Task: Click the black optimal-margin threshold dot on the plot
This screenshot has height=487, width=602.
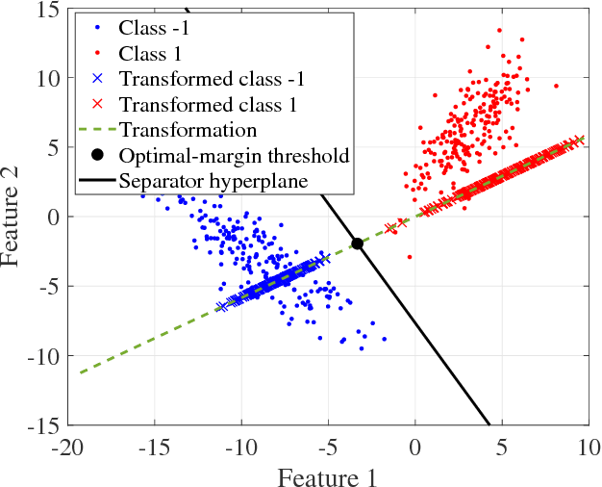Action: point(357,243)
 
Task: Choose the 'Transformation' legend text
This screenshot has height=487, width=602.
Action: point(187,128)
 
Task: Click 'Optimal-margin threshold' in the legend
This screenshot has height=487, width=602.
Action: point(233,154)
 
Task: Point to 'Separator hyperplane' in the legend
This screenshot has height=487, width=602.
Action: point(213,180)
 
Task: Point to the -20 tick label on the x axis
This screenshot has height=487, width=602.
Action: point(67,448)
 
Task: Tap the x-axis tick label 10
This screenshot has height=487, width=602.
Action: point(586,448)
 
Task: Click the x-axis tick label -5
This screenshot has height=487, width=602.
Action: point(329,448)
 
